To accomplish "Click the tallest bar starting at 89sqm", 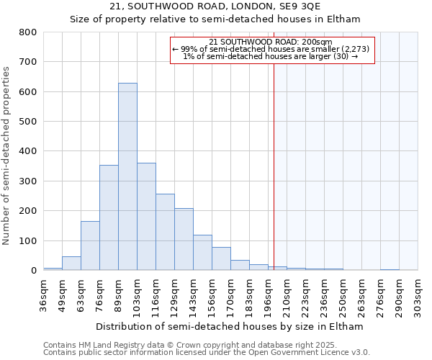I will [127, 176].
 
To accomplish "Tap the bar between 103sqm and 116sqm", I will [146, 216].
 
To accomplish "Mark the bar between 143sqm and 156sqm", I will [202, 253].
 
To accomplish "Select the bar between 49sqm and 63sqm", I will [71, 264].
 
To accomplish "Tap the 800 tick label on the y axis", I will [28, 32].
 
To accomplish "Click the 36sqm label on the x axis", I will [43, 294].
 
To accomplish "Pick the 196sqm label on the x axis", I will [268, 294].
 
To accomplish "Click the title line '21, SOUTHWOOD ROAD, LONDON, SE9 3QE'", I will [215, 6].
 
